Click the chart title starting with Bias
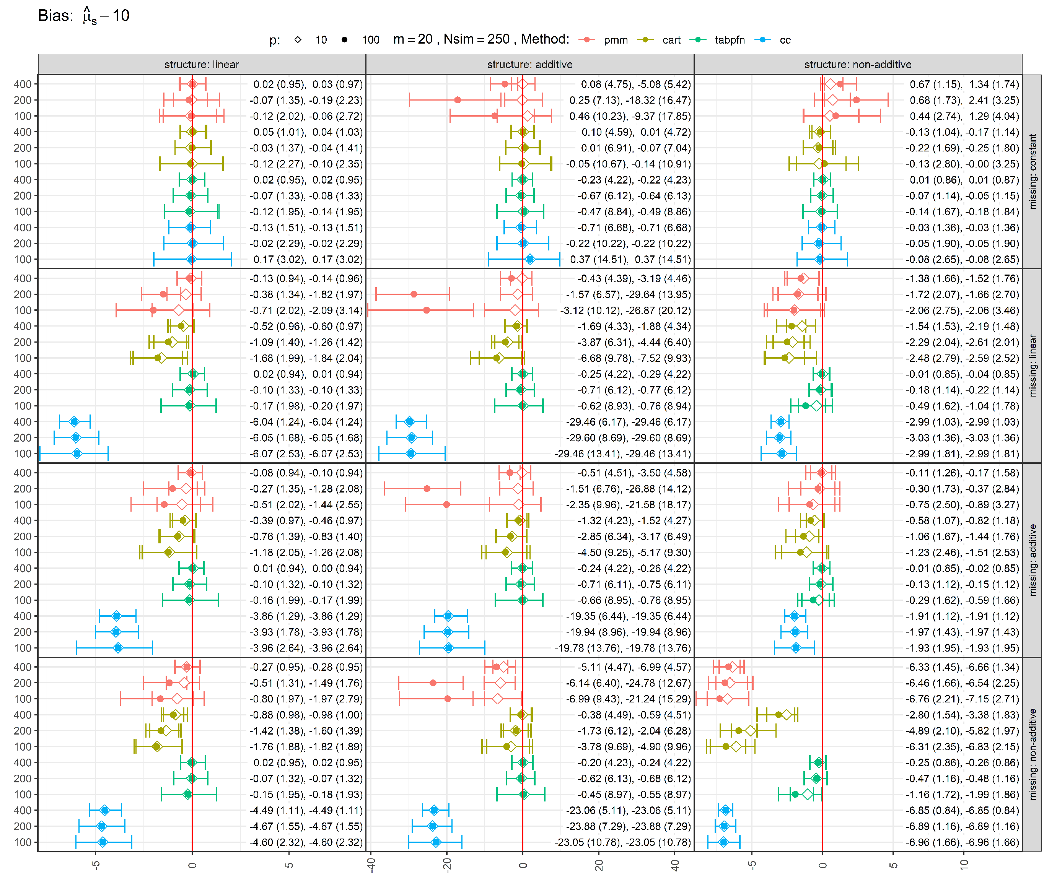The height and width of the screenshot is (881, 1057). pos(83,16)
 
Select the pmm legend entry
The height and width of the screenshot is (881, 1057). pos(604,40)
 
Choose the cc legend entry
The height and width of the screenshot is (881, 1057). pos(773,40)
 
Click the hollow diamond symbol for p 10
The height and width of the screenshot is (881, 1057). pos(298,40)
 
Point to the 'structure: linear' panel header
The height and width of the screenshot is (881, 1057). pos(202,64)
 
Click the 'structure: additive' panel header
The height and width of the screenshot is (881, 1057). pos(529,64)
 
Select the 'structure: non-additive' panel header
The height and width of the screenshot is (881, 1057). pos(858,64)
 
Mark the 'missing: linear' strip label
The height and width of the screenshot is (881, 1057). pos(1033,366)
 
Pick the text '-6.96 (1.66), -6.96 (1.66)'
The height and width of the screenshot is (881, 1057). pos(963,842)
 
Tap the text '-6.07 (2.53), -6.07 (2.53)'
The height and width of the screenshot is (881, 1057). pos(306,454)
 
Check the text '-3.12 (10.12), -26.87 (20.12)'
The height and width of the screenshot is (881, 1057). pos(625,310)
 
